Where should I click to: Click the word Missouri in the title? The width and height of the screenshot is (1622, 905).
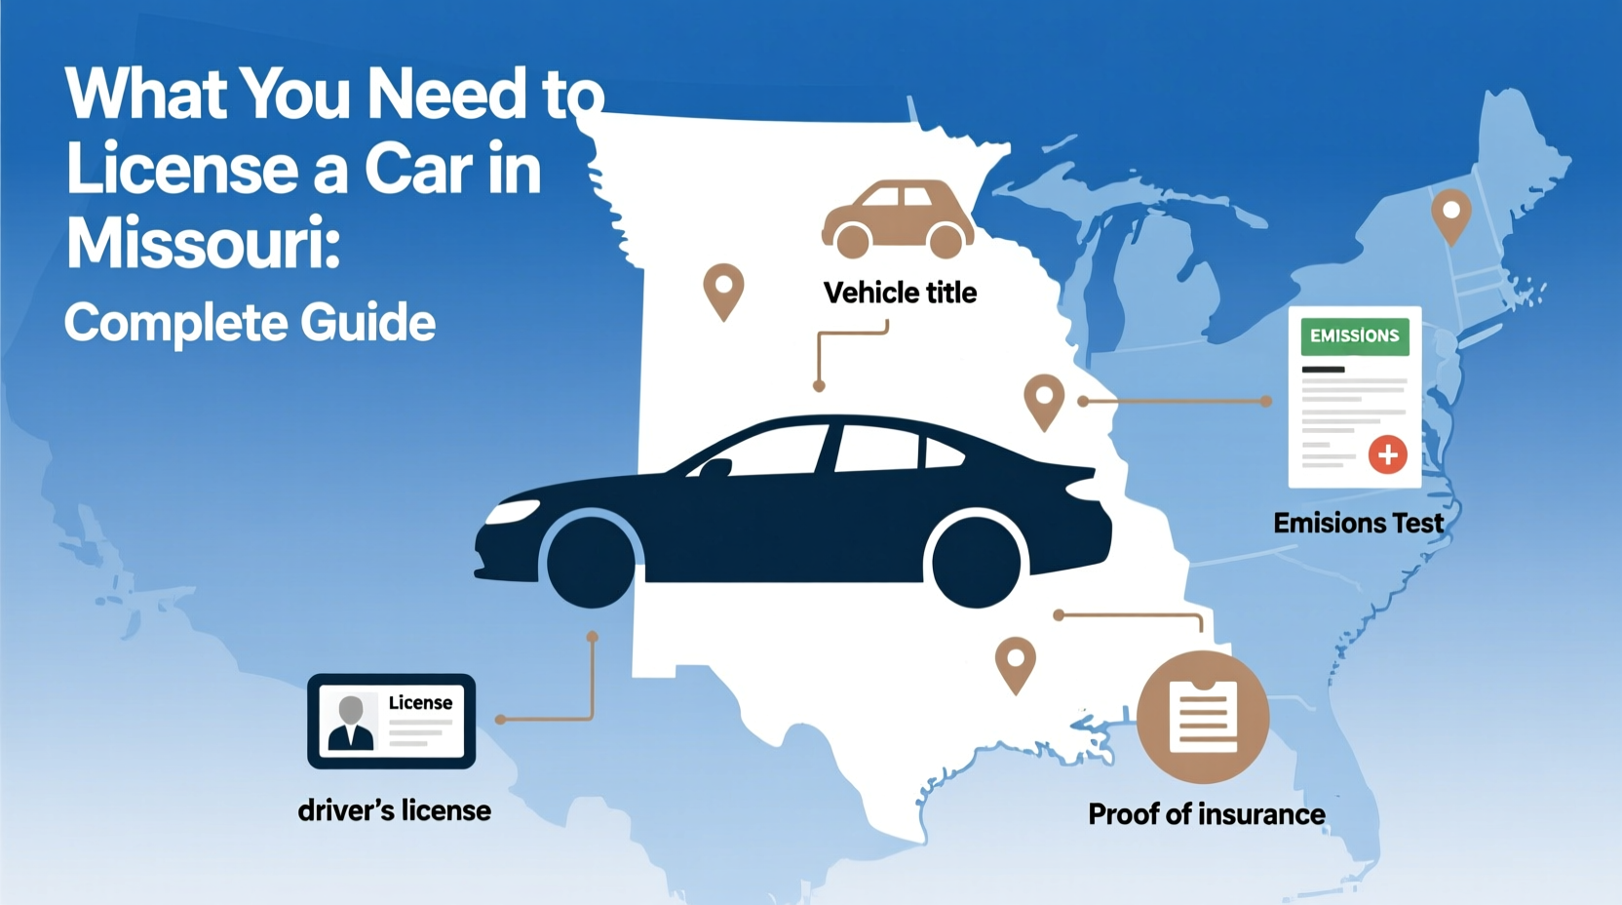point(202,243)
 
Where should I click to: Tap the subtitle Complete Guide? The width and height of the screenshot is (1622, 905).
point(250,323)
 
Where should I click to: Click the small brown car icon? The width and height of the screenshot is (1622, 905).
point(898,218)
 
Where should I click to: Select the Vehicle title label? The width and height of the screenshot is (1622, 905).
point(900,293)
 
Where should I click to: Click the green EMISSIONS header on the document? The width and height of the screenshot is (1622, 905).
point(1354,336)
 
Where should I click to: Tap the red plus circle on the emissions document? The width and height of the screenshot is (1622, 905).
point(1387,454)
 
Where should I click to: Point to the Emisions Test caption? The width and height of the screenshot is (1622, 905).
point(1358,524)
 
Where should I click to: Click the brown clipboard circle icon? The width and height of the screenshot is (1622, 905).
point(1203,717)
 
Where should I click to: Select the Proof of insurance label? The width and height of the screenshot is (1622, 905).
point(1206,814)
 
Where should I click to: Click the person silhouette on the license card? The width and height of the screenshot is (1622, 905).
point(351,723)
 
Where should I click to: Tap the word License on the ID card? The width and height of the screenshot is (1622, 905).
point(420,703)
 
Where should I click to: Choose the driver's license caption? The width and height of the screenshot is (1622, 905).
point(394,810)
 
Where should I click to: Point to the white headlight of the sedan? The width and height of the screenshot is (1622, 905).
point(514,511)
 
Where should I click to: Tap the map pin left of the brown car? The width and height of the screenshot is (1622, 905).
point(723,290)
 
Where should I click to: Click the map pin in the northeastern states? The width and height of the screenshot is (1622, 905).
point(1450,215)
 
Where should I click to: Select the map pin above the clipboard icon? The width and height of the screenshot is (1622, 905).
point(1015,663)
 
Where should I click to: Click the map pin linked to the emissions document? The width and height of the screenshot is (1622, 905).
point(1044,400)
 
